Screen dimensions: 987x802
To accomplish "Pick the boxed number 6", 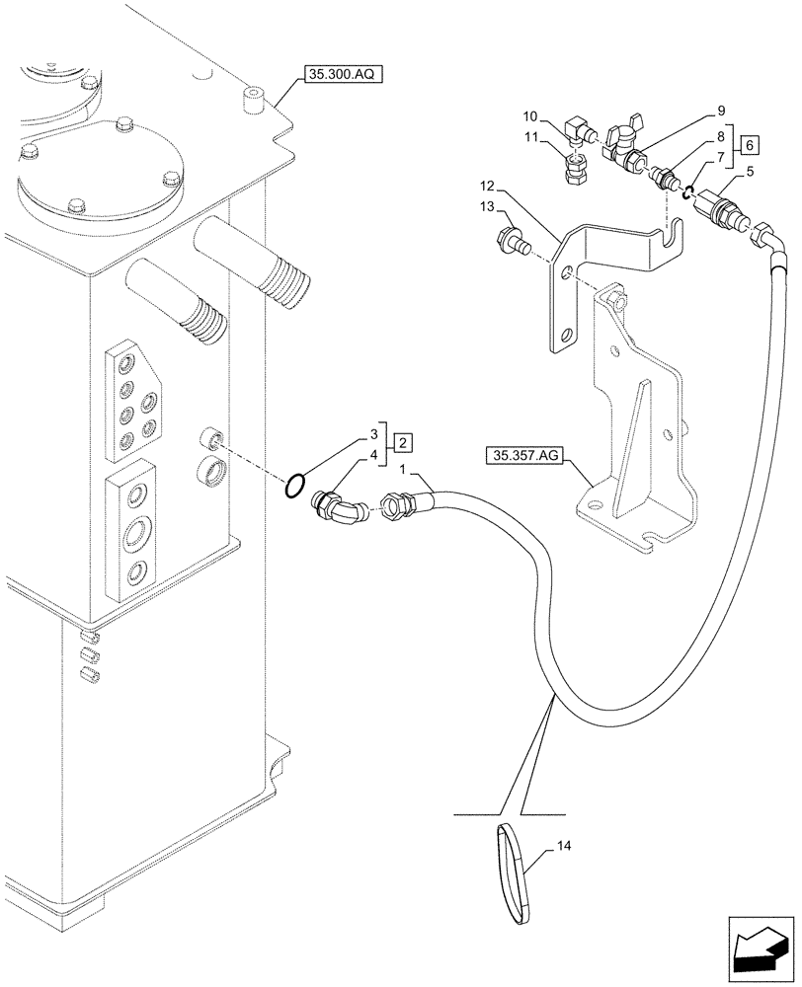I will click(x=752, y=145).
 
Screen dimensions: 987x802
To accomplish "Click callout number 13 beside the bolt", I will click(x=488, y=206).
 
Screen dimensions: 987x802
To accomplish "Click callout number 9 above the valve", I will click(x=721, y=111).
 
